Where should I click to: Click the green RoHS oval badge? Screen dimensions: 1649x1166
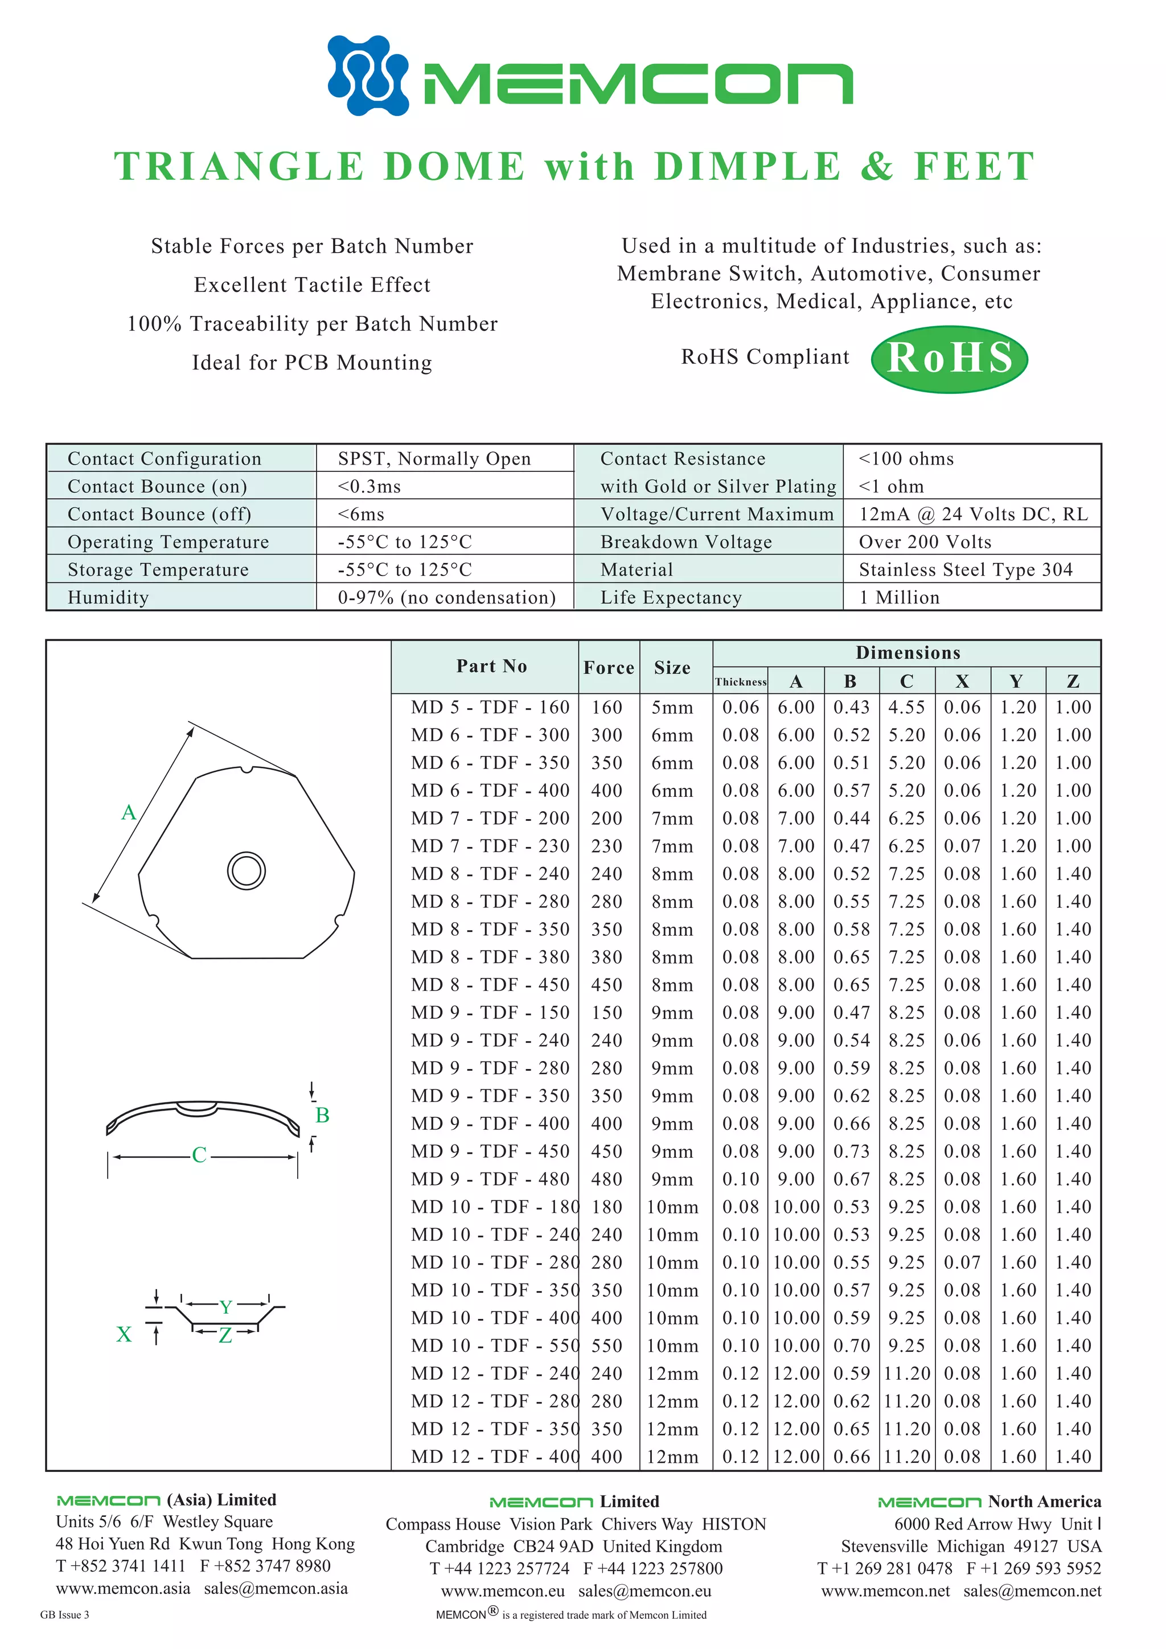tap(949, 359)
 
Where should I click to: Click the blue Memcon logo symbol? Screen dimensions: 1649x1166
tap(368, 75)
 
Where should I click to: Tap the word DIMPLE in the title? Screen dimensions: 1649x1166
tap(747, 167)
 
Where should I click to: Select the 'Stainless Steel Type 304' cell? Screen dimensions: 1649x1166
tap(965, 570)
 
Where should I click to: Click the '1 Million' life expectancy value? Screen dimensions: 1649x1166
tap(899, 598)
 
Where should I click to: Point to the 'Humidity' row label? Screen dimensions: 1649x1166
tap(108, 598)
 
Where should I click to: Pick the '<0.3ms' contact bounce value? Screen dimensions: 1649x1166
tap(369, 486)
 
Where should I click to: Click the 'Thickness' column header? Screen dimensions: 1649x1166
tap(740, 681)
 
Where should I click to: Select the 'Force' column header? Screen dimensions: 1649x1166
tap(608, 668)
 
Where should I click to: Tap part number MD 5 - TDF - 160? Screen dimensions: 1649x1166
tap(490, 708)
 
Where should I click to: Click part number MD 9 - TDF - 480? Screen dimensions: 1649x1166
tap(490, 1179)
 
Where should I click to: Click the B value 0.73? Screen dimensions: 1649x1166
tap(851, 1152)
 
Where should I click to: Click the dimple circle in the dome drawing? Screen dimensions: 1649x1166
tap(247, 870)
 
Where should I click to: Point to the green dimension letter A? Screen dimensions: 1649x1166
tap(129, 812)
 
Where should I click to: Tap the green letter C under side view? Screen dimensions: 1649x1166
tap(199, 1155)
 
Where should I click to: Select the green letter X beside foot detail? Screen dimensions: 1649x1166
tap(124, 1334)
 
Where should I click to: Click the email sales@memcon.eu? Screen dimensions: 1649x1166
tap(644, 1591)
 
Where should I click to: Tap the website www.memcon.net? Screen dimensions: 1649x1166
tap(885, 1591)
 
